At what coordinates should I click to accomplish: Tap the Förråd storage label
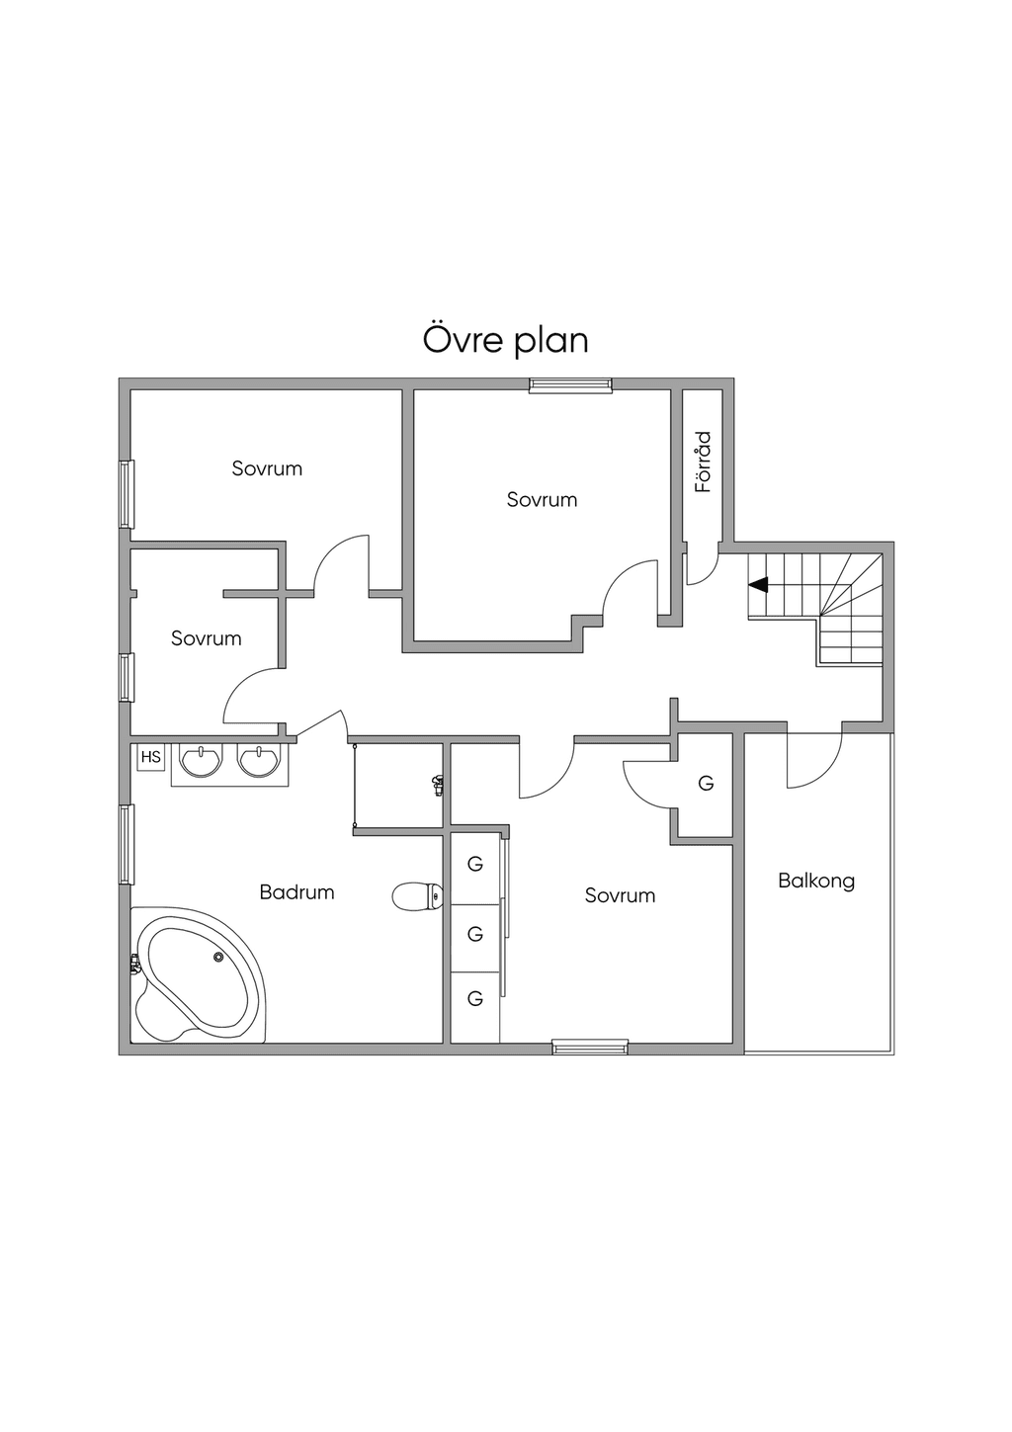pos(704,462)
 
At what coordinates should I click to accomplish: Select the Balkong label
pos(816,881)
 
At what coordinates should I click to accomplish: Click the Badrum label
pos(296,891)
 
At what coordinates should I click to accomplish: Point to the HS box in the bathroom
pos(151,758)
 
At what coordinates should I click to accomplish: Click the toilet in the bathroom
pos(417,896)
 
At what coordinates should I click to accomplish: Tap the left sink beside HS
pos(202,761)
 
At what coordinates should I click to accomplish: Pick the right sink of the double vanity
pos(259,761)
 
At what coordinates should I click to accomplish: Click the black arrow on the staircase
pos(758,584)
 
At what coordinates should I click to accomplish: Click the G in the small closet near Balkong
pos(706,783)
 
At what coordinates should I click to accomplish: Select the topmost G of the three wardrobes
pos(475,865)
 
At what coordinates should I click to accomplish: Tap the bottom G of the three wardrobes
pos(475,998)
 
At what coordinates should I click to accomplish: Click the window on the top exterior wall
pos(570,383)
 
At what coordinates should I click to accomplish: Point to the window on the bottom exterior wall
pos(590,1048)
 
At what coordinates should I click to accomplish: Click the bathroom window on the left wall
pos(126,845)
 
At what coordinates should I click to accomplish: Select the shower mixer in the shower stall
pos(439,784)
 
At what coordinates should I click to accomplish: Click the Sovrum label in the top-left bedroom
pos(267,468)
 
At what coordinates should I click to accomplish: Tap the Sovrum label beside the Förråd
pos(543,499)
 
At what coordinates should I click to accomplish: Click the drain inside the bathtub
pos(218,957)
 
